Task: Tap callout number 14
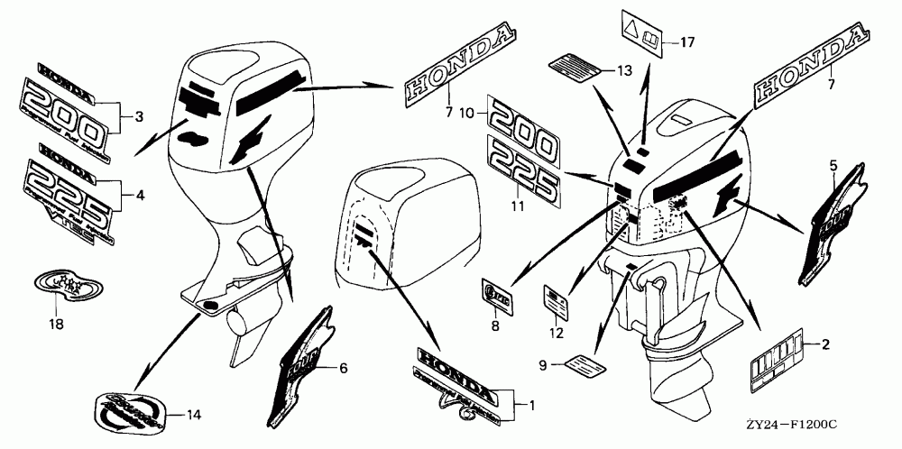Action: [x=192, y=416]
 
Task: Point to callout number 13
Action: [x=623, y=69]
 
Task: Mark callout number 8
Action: [x=494, y=326]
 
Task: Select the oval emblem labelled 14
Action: [x=136, y=415]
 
